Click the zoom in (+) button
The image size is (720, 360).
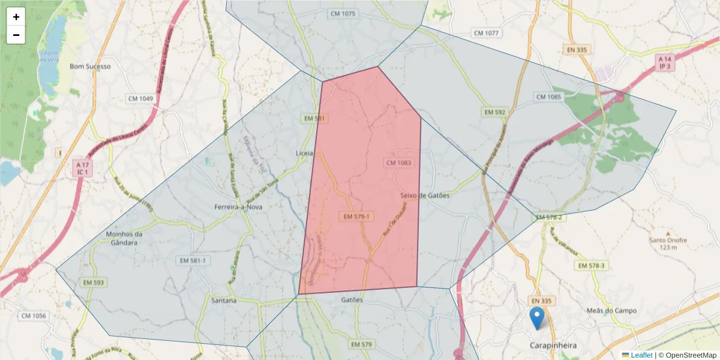coord(16,17)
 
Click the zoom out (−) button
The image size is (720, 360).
coord(16,35)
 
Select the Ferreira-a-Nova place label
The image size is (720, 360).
coord(238,207)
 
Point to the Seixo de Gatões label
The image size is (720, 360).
coord(424,196)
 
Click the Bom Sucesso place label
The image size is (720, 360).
coord(90,67)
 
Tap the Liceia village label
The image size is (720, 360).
coord(304,154)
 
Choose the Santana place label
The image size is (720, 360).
coord(223,300)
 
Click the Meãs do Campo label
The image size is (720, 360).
coord(612,311)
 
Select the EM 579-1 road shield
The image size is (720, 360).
coord(356,216)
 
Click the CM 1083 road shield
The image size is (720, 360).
coord(398,163)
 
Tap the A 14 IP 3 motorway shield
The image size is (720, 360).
coord(665,63)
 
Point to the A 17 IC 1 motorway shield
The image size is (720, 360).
coord(83,168)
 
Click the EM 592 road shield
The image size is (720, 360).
coord(496,112)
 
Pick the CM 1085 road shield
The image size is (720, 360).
coord(548,97)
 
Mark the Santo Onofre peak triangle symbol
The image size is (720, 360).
coord(668,232)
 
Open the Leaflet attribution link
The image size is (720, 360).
coord(641,355)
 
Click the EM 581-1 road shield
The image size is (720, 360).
coord(193,260)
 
